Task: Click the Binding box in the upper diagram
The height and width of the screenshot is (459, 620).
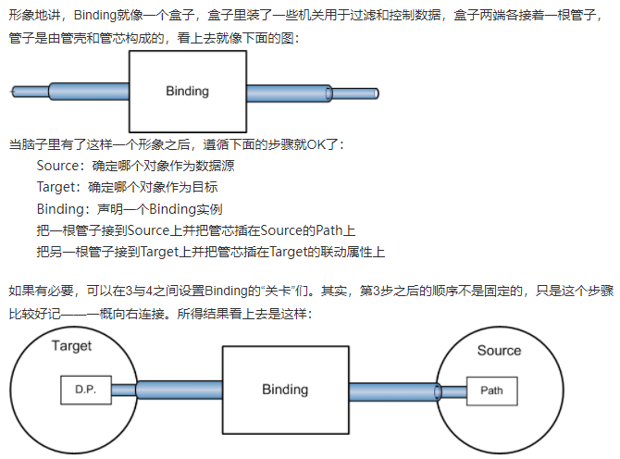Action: (x=187, y=91)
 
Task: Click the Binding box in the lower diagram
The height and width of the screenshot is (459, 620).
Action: (x=284, y=390)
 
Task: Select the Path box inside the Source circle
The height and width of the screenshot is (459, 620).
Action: (x=492, y=390)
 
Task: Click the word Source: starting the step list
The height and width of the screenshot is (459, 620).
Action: (x=61, y=166)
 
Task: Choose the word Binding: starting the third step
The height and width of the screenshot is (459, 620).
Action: (x=64, y=208)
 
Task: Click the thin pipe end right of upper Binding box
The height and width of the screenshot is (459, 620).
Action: (x=355, y=93)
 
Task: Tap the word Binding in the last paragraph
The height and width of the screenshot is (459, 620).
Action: (x=223, y=290)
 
